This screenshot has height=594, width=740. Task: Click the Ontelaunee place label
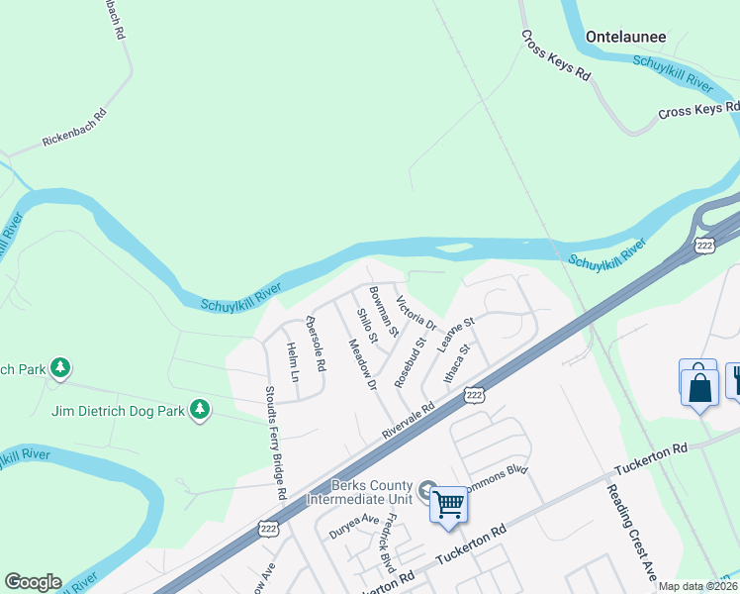626,37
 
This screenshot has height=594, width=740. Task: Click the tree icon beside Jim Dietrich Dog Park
201,409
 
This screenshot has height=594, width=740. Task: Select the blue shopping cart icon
449,505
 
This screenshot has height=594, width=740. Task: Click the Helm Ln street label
293,362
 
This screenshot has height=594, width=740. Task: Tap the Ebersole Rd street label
316,344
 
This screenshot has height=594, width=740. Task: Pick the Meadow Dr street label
363,364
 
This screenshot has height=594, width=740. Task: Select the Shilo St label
367,326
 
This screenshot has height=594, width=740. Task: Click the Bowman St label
383,310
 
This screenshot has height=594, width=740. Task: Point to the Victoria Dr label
416,313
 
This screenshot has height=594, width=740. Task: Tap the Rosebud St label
410,361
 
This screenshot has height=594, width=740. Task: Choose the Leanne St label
457,337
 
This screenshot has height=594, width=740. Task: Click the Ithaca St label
456,367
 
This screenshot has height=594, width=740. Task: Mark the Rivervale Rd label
409,422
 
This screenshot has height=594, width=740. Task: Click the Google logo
33,582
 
